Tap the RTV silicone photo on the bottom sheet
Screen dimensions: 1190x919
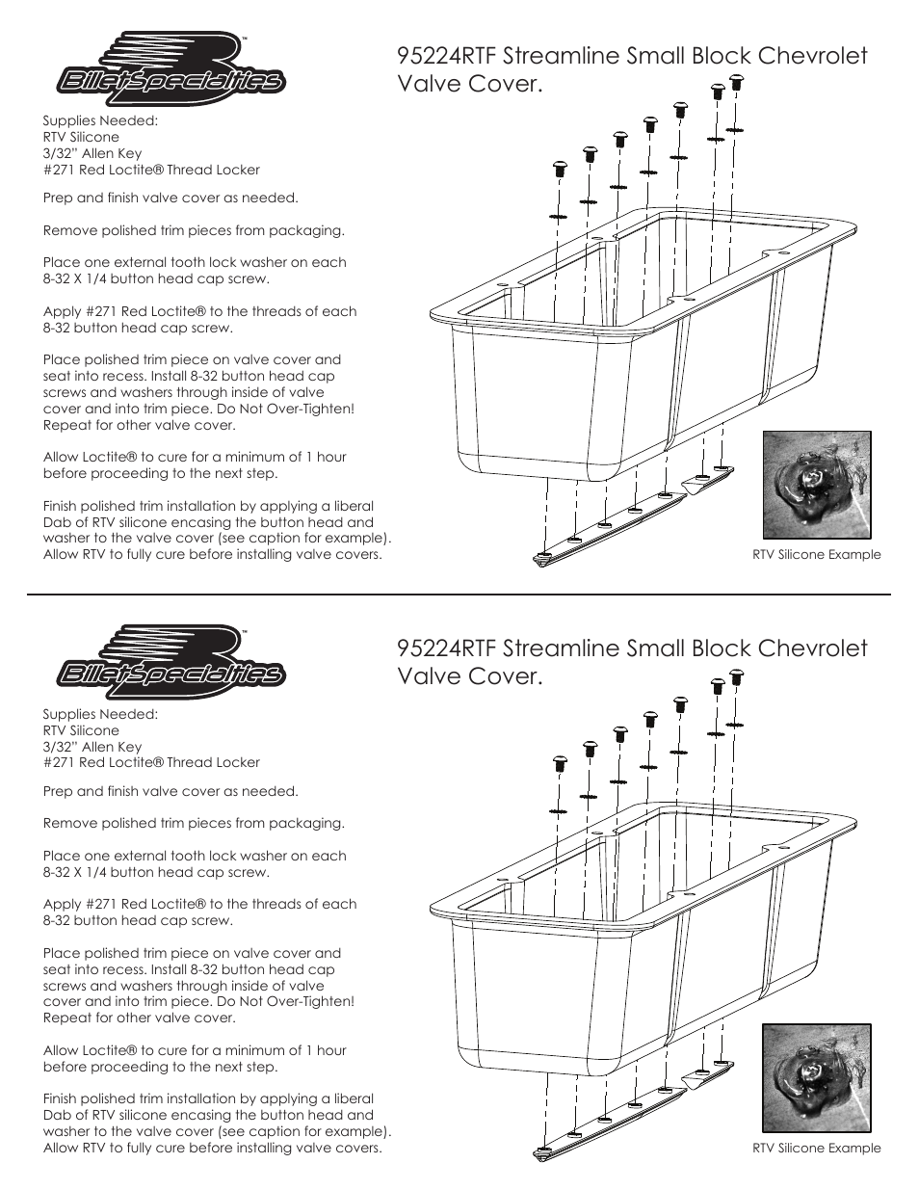pyautogui.click(x=817, y=1078)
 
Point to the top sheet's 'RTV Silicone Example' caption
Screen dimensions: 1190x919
pyautogui.click(x=817, y=555)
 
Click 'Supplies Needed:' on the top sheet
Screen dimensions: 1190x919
pyautogui.click(x=100, y=121)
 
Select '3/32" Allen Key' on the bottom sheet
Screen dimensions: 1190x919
pyautogui.click(x=92, y=747)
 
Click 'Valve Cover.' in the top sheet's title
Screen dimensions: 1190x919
pyautogui.click(x=470, y=84)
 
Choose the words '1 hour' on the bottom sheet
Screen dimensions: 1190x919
pyautogui.click(x=323, y=1050)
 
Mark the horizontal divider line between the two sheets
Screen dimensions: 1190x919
pyautogui.click(x=459, y=595)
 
